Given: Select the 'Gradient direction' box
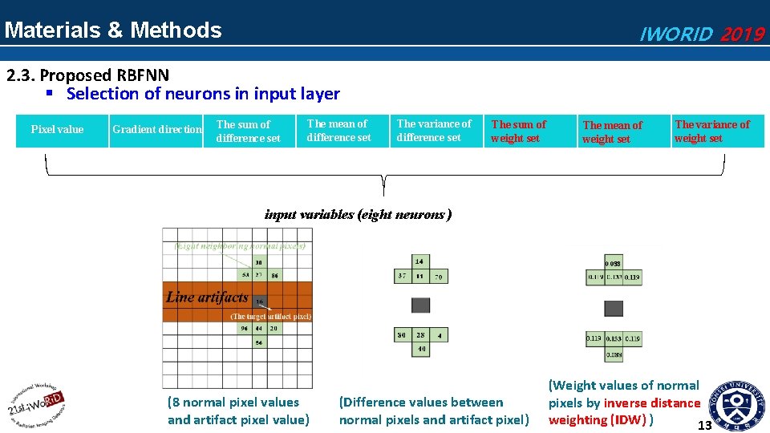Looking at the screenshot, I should coord(157,130).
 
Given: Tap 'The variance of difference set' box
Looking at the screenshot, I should coord(434,131).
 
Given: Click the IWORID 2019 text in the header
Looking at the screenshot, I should coord(701,34).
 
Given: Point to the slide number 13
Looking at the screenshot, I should coord(704,425).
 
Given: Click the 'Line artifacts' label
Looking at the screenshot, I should coord(207,297).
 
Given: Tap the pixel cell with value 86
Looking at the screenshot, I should coord(274,275).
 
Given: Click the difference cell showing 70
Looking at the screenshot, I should coord(438,277).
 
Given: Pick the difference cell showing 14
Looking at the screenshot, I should coord(419,261).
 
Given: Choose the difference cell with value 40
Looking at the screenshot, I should coord(420,349).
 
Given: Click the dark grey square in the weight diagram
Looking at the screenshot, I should coord(614,309).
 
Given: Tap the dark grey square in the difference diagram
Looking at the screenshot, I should coord(420,305).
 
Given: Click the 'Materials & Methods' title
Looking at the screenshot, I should coord(113,30).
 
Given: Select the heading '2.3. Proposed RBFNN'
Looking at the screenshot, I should coord(88,75).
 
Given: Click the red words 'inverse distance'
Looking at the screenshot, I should coord(651,403).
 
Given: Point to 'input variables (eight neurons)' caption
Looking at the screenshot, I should coord(358,215).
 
